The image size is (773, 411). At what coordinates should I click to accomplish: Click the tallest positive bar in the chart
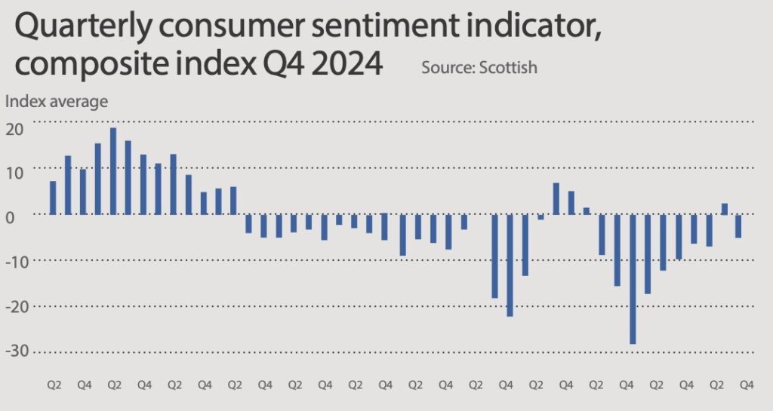113,171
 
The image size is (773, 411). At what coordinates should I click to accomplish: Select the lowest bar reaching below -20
633,279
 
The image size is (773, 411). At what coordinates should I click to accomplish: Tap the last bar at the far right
738,226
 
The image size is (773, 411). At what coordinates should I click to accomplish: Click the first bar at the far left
53,198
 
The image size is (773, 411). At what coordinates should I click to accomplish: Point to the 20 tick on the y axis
15,129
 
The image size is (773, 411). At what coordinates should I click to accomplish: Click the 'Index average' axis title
57,101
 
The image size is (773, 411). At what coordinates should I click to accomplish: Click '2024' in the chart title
344,65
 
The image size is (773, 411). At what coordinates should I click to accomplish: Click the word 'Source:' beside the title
447,68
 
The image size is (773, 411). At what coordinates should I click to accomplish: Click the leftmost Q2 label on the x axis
54,385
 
